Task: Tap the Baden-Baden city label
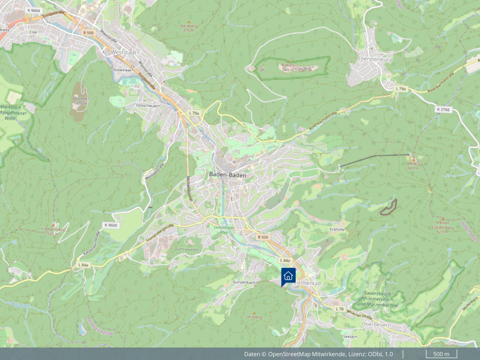[227, 175]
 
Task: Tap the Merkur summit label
[414, 166]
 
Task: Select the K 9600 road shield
[110, 225]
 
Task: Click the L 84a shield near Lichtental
[285, 261]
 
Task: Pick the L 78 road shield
[339, 309]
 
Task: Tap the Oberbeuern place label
[376, 324]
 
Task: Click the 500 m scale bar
[441, 354]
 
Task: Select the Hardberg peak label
[189, 28]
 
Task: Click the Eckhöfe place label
[337, 229]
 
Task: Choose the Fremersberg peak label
[53, 231]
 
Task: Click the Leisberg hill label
[254, 317]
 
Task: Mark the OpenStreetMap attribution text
[318, 354]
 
